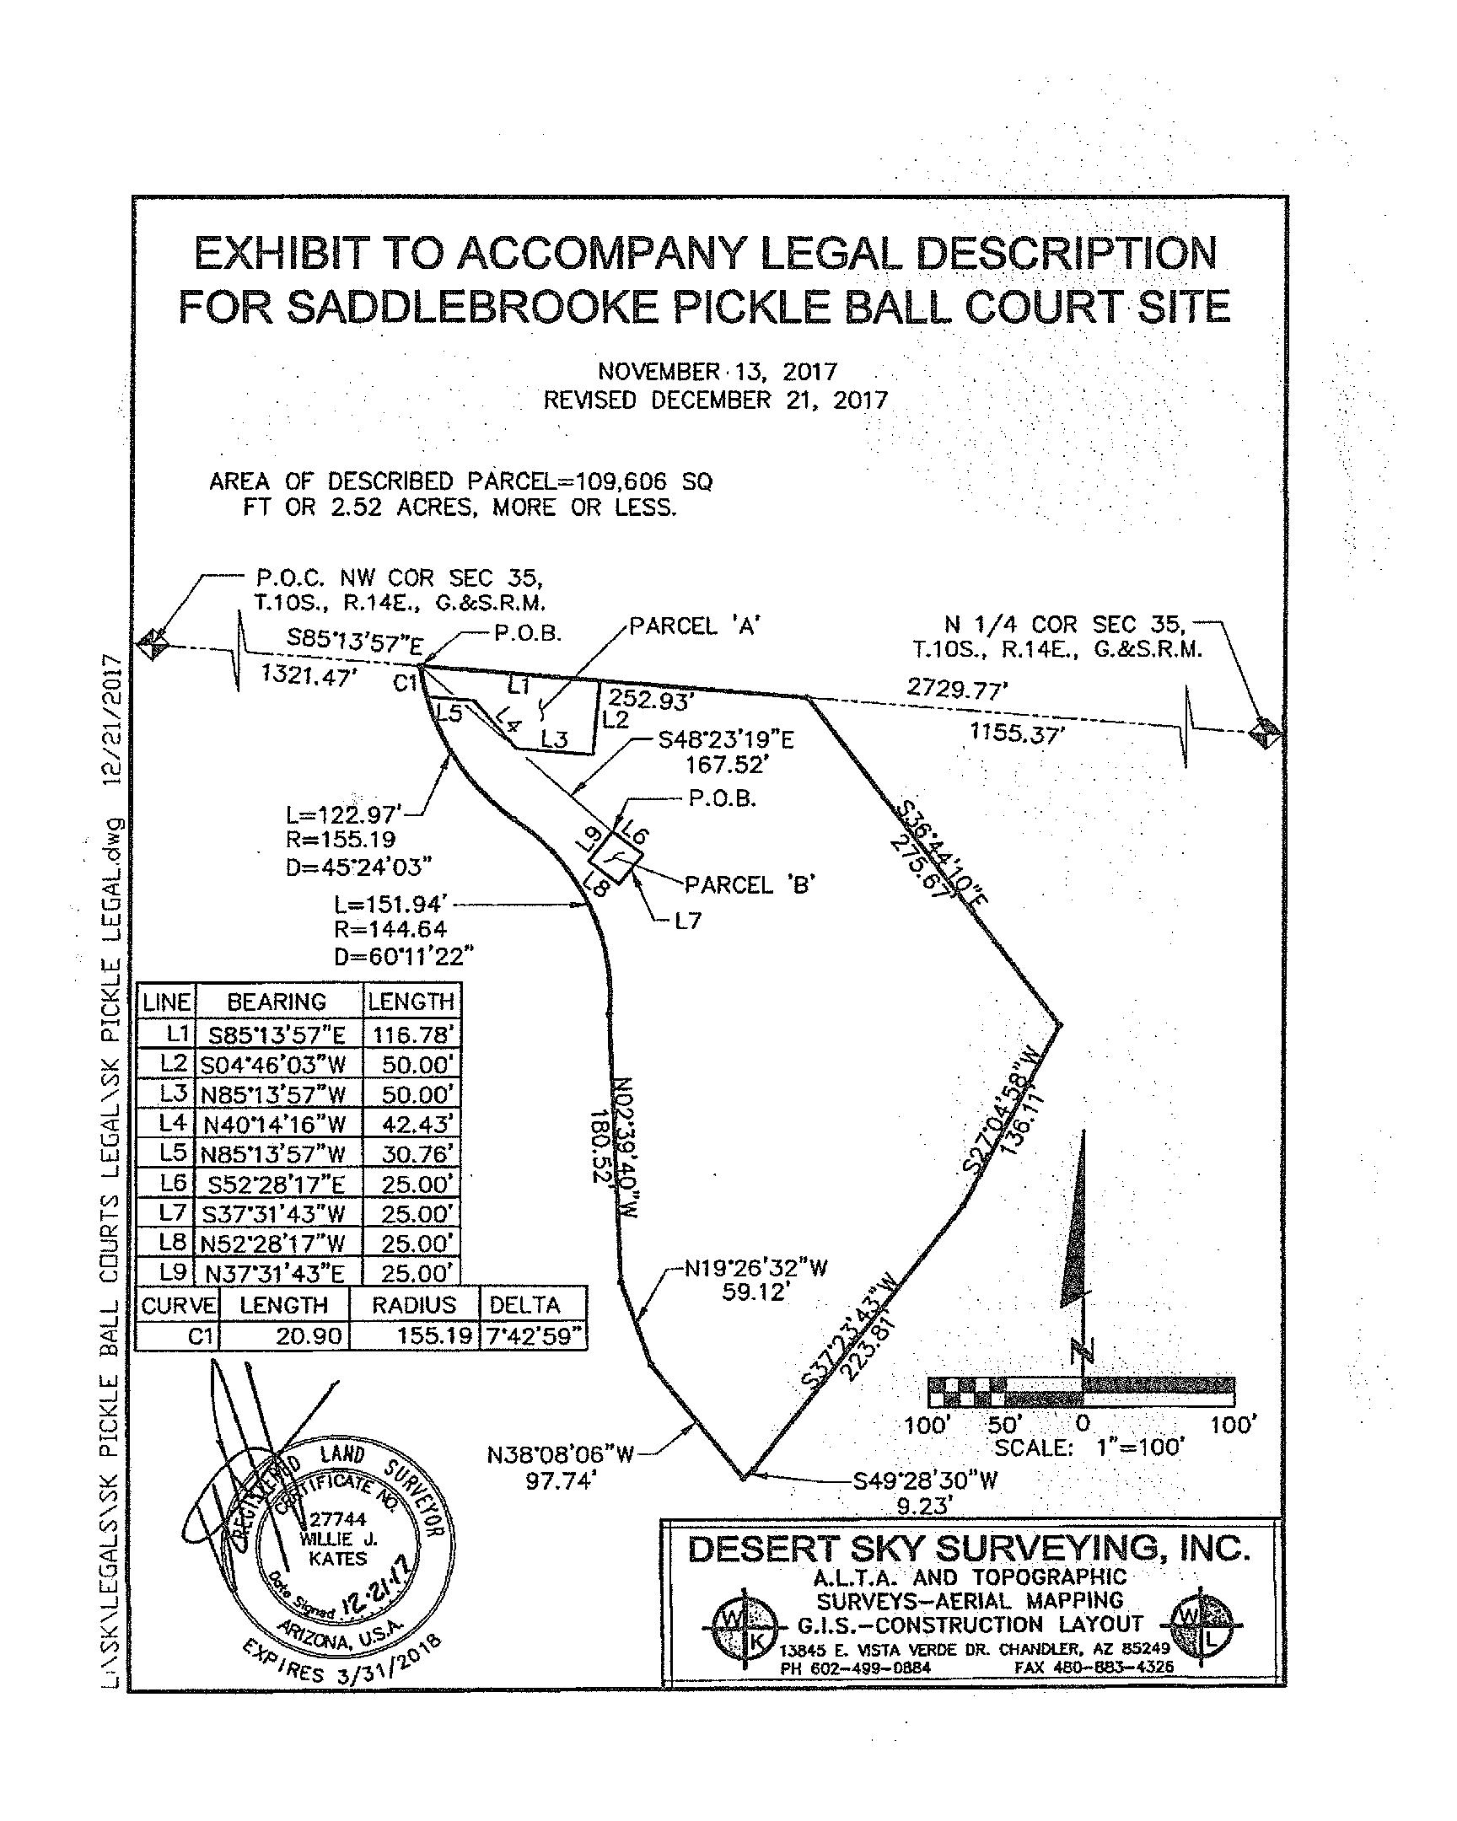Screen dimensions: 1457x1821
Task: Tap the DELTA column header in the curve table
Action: (524, 1305)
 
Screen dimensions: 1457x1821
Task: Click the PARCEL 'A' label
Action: (695, 626)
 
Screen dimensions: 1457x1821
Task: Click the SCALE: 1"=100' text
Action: (1089, 1448)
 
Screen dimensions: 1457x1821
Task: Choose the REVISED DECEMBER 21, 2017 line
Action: (715, 400)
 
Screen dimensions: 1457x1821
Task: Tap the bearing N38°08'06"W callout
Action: (561, 1454)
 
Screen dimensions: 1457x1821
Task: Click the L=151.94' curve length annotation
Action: (390, 905)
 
